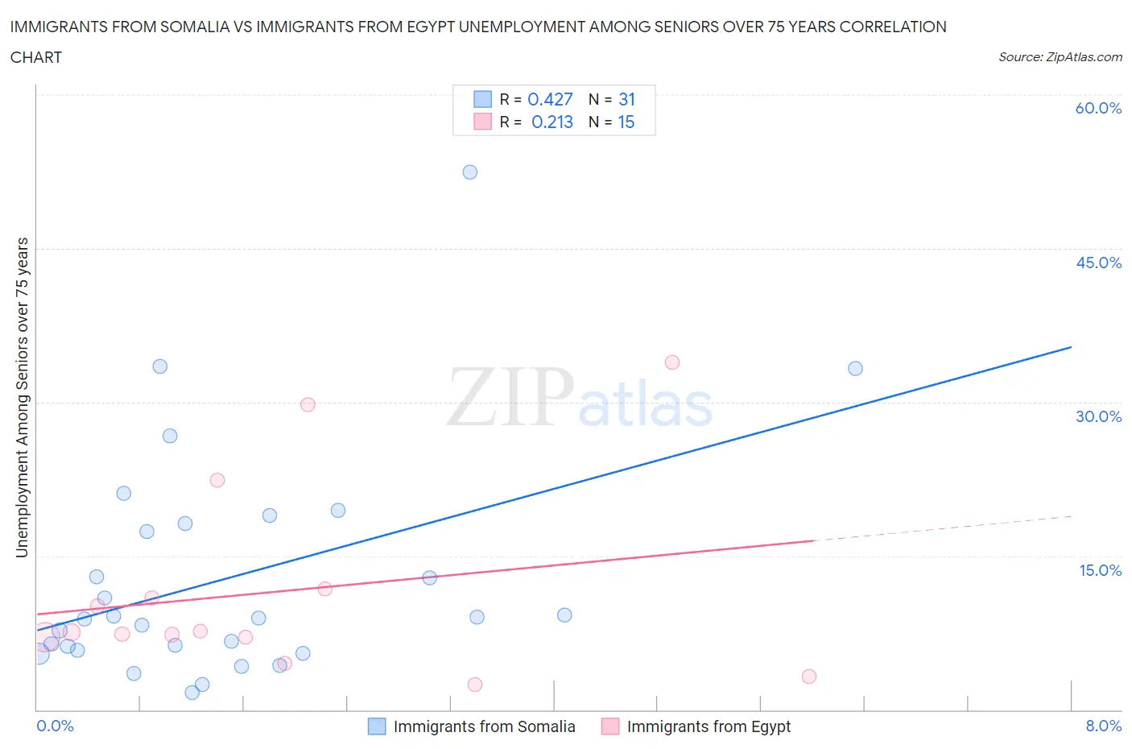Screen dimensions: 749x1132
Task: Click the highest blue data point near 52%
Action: (x=470, y=172)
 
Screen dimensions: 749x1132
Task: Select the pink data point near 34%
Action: (x=672, y=362)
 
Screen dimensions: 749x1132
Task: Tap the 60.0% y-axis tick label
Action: (x=1098, y=108)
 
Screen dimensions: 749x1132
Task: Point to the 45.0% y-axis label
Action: (x=1098, y=263)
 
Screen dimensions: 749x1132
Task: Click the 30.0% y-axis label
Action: (x=1098, y=416)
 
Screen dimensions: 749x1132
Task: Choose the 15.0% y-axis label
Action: (x=1100, y=570)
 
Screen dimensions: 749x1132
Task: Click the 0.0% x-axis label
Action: (x=55, y=726)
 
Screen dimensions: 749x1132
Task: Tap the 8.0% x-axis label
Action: (x=1103, y=726)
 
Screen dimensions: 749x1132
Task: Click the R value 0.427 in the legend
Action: (x=550, y=99)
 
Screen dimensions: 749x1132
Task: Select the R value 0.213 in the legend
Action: (x=552, y=122)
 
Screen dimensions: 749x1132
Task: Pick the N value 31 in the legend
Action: (x=626, y=99)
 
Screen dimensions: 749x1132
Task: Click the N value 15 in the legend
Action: (x=626, y=122)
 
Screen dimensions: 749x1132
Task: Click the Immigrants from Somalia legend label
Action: (x=484, y=726)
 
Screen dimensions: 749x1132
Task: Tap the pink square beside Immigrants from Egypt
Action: (x=610, y=726)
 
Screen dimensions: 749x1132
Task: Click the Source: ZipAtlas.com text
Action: (x=1060, y=56)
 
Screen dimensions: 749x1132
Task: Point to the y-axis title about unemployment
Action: (x=22, y=397)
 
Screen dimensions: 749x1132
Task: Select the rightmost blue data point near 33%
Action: (x=855, y=368)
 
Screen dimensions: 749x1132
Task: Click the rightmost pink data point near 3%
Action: (x=809, y=677)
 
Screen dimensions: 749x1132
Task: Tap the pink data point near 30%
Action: (x=308, y=405)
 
